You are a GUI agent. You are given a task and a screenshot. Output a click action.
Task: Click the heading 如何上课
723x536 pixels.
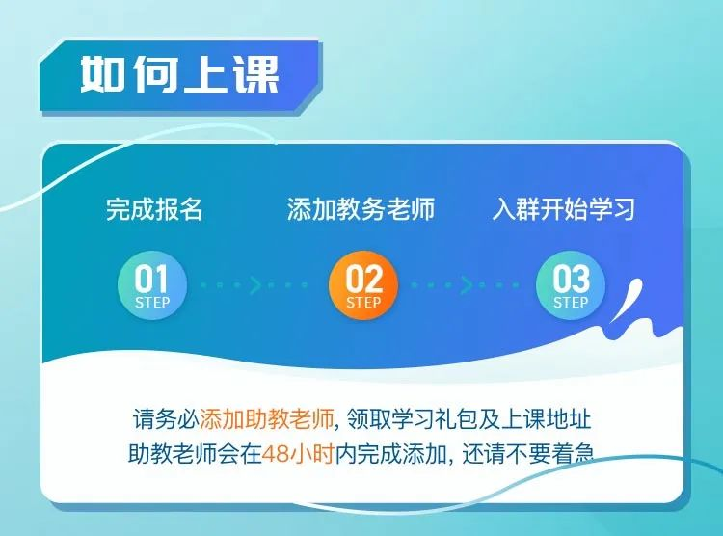point(180,74)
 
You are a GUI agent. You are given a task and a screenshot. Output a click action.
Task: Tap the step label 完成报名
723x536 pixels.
point(154,209)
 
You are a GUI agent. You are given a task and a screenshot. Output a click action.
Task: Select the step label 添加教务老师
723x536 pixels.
point(361,209)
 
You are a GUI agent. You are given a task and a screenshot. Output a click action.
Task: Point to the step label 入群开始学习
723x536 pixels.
point(564,209)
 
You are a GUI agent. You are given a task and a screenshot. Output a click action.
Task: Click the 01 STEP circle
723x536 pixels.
point(152,285)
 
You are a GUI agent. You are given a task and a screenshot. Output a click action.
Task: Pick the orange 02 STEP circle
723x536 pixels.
point(363,285)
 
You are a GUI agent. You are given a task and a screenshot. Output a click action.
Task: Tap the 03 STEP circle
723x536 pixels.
point(571,285)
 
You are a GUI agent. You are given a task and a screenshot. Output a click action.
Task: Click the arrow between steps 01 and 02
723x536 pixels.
point(255,285)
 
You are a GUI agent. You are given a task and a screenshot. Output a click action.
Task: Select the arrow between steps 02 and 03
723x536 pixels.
point(466,285)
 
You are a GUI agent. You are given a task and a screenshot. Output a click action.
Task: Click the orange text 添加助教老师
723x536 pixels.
point(266,419)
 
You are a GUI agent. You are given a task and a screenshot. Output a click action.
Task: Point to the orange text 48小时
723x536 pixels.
point(298,454)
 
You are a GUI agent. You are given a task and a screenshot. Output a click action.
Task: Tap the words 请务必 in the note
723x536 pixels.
point(166,419)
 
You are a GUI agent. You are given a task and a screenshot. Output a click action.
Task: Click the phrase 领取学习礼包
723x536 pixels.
point(413,419)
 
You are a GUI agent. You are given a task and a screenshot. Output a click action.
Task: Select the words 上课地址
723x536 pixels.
point(546,419)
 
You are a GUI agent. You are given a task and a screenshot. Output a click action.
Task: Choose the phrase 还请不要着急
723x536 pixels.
point(527,454)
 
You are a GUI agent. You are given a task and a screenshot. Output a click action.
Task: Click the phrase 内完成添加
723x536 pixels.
point(390,454)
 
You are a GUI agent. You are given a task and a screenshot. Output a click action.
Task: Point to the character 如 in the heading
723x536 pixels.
point(102,74)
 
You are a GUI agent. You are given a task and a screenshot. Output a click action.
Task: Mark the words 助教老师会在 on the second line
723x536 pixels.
point(195,454)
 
